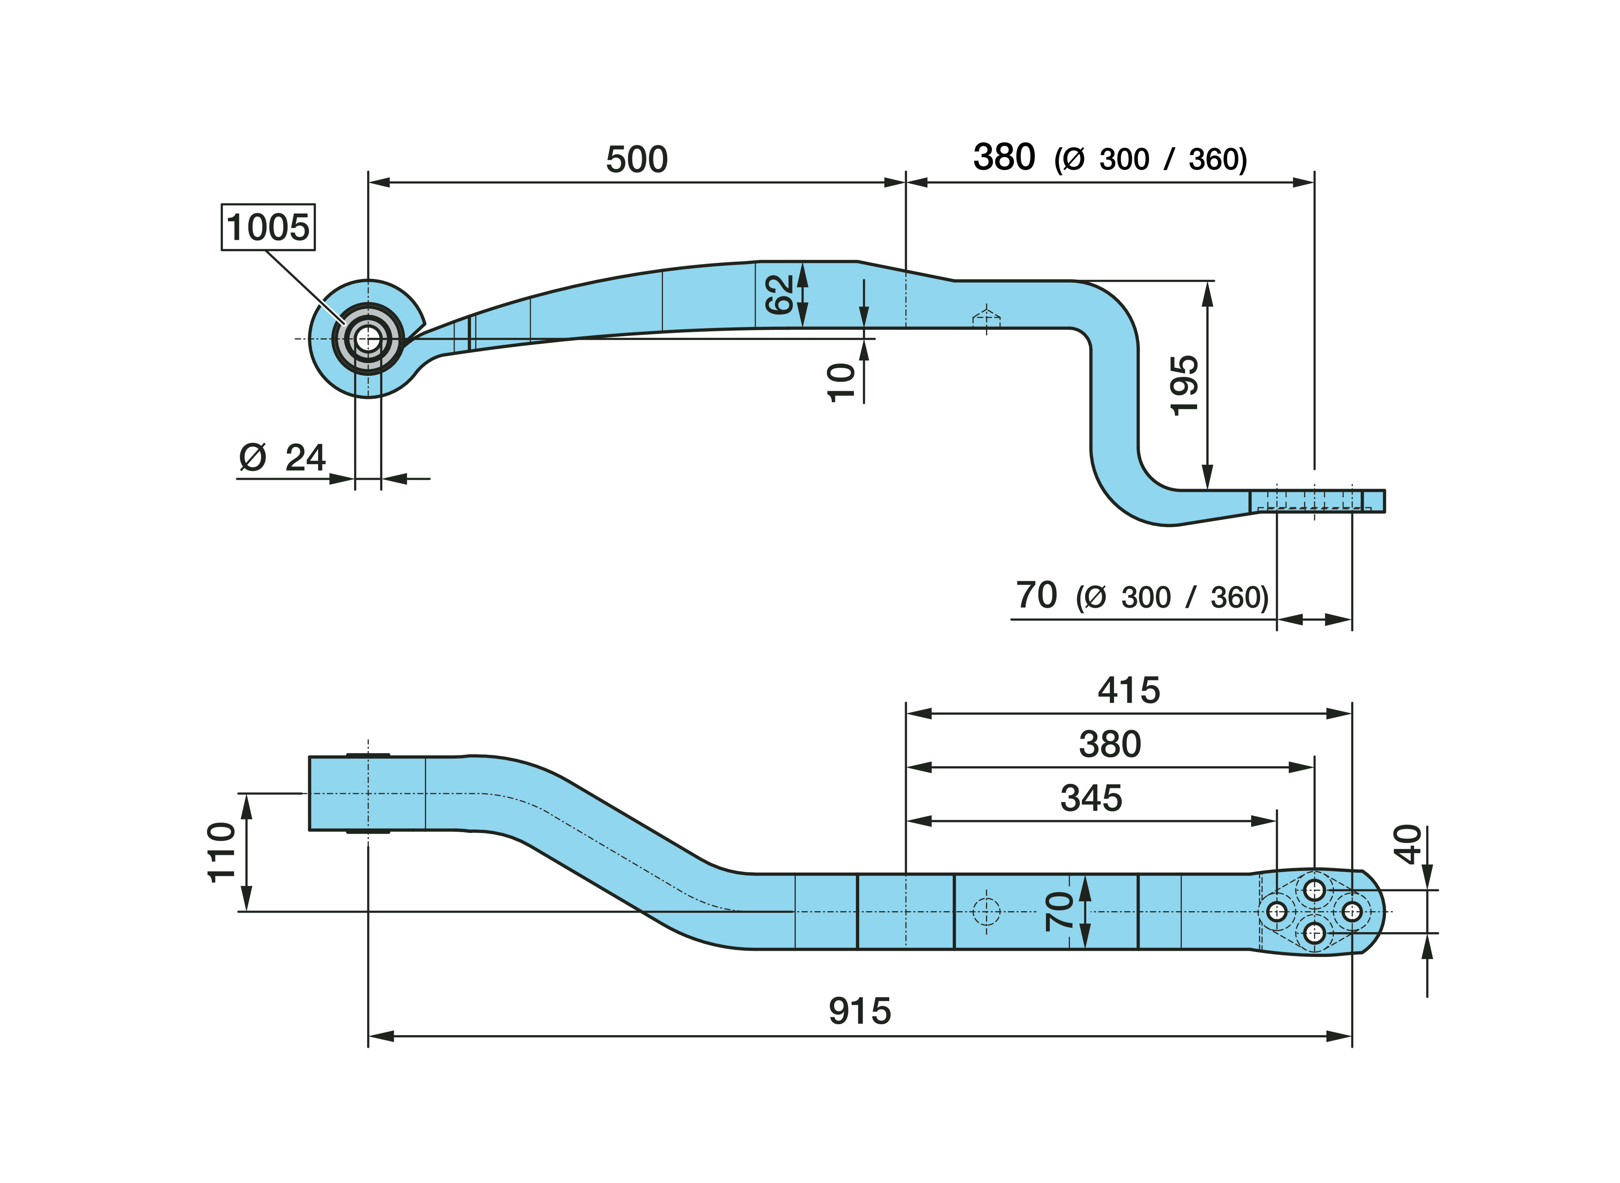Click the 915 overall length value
click(x=859, y=1011)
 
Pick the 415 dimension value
click(x=1129, y=690)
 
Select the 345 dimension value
click(x=1091, y=798)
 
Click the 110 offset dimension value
click(x=221, y=852)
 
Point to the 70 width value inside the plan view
click(x=1059, y=912)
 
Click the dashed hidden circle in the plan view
click(x=986, y=912)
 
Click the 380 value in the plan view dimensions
click(x=1109, y=744)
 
